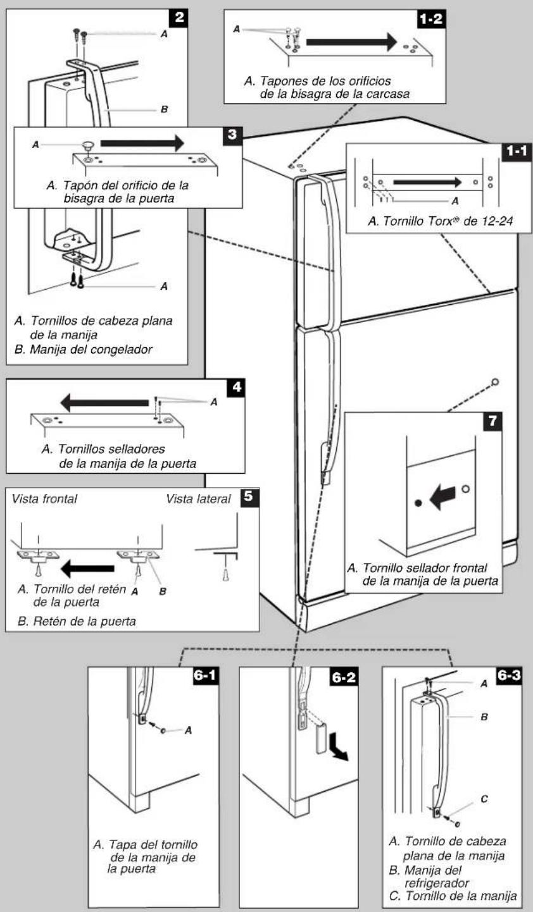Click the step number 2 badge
(x=179, y=18)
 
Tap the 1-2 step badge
(x=432, y=19)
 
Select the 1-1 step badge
(x=517, y=152)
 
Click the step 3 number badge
(x=233, y=135)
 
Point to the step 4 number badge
(x=236, y=388)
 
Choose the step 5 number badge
(x=249, y=498)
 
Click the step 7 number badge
(x=492, y=421)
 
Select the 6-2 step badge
(x=344, y=677)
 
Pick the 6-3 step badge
(x=508, y=676)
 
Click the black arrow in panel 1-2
(x=352, y=42)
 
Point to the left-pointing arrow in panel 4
(x=104, y=403)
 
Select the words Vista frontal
(x=44, y=499)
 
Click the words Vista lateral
(x=198, y=499)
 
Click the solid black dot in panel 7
(x=418, y=503)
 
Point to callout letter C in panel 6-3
(x=484, y=799)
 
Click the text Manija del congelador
(x=91, y=349)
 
